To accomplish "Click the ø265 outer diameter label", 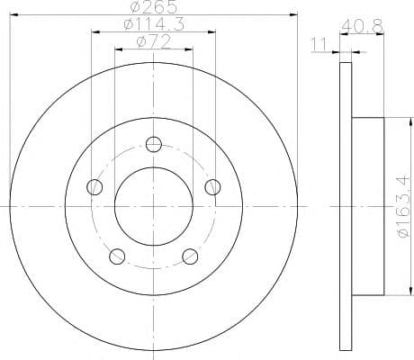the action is pyautogui.click(x=154, y=6).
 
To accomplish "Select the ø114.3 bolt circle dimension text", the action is pyautogui.click(x=154, y=24).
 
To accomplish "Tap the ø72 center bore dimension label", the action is pyautogui.click(x=153, y=41).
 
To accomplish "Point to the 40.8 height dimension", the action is pyautogui.click(x=362, y=26).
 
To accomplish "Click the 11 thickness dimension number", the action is pyautogui.click(x=319, y=44).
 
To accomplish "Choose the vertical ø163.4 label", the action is pyautogui.click(x=403, y=207).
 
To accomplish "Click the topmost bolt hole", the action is pyautogui.click(x=154, y=144).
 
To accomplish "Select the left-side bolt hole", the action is pyautogui.click(x=94, y=187).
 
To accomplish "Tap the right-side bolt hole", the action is pyautogui.click(x=212, y=187).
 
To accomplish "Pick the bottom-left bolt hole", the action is pyautogui.click(x=117, y=256).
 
